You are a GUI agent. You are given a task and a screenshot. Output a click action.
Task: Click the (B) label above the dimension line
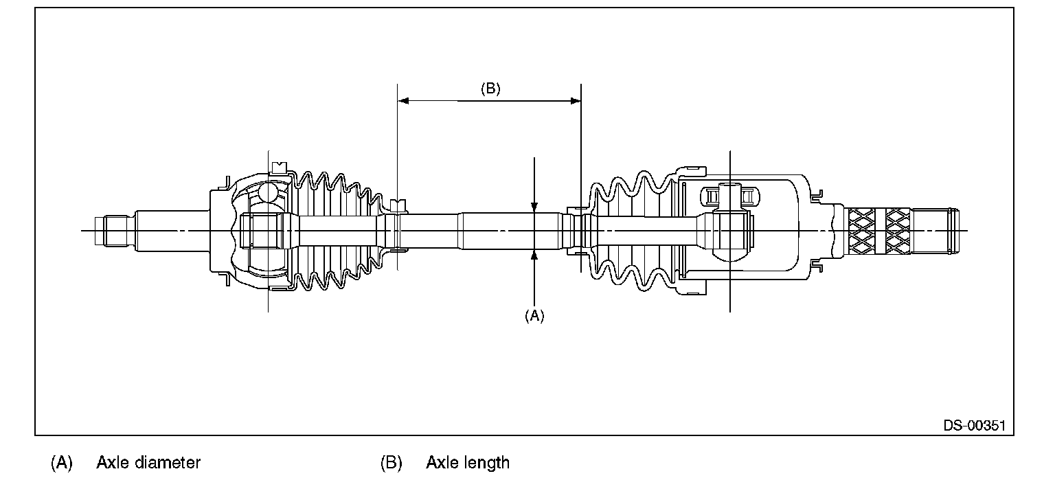(x=490, y=89)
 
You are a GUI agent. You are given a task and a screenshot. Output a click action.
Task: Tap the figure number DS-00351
(x=974, y=426)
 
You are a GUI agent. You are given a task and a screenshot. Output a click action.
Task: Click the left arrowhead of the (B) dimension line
(x=404, y=101)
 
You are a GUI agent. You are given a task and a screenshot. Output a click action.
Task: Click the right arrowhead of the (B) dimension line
(x=576, y=101)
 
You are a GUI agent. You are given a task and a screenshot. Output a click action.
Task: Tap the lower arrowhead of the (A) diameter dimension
(x=534, y=255)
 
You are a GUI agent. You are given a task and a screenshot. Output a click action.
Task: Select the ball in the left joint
(x=270, y=192)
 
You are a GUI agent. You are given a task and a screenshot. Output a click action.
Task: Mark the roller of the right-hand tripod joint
(x=729, y=196)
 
